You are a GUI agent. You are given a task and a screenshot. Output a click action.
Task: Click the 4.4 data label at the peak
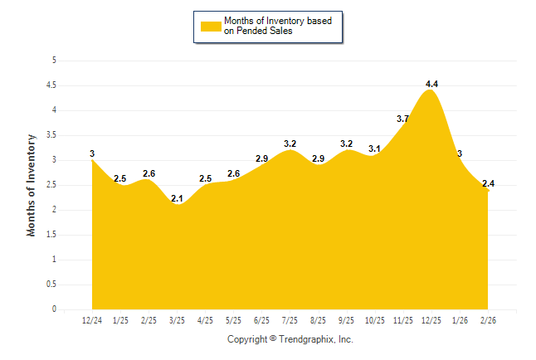(x=431, y=84)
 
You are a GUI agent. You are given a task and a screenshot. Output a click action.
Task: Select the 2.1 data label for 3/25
(x=177, y=198)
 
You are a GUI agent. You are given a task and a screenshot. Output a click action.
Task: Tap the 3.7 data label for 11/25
(x=403, y=119)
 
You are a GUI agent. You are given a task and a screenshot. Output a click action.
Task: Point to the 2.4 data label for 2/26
(x=488, y=184)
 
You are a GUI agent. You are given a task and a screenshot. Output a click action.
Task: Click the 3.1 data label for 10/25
(x=374, y=149)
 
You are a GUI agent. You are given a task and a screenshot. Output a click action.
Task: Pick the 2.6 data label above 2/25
(x=149, y=173)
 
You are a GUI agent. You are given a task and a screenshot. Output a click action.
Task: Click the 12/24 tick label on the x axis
(x=92, y=319)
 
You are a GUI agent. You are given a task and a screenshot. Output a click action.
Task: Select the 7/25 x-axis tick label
(x=290, y=319)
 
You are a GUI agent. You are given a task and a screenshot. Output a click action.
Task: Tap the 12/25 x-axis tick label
(x=431, y=319)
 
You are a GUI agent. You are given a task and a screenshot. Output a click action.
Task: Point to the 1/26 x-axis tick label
(x=460, y=319)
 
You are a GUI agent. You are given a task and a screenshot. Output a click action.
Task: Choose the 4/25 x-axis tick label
(x=205, y=319)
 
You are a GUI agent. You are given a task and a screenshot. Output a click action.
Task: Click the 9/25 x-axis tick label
(x=346, y=319)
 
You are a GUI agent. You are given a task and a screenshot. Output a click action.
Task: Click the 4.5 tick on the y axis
(x=51, y=85)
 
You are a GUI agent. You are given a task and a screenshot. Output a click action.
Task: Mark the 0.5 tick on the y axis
(x=51, y=284)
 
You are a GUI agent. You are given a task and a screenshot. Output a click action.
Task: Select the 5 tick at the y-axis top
(x=54, y=60)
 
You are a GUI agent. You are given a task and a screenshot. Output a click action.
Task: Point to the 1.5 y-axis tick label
(x=51, y=234)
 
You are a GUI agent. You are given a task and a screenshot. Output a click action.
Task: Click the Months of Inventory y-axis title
(x=32, y=184)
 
